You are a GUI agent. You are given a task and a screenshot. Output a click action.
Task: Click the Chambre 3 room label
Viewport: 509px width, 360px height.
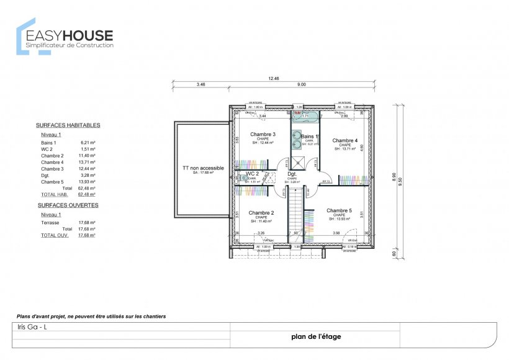(263, 134)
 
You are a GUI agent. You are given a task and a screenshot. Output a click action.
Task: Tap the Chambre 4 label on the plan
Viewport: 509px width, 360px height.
(345, 140)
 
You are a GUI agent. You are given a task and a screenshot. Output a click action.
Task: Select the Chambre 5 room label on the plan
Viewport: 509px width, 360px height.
(339, 210)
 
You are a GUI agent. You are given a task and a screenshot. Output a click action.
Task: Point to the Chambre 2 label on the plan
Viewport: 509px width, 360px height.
(261, 213)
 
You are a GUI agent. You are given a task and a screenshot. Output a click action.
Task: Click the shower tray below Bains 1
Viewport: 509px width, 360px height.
(299, 161)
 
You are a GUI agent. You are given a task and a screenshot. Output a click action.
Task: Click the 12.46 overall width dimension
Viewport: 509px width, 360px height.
(274, 79)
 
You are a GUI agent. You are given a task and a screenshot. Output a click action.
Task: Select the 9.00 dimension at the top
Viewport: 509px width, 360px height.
(301, 84)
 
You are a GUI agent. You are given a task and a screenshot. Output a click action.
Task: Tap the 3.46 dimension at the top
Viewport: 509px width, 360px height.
(200, 84)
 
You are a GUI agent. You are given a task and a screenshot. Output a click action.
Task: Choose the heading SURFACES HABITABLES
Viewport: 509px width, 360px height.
(68, 125)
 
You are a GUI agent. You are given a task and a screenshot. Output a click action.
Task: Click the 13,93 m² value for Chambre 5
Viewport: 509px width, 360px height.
(86, 182)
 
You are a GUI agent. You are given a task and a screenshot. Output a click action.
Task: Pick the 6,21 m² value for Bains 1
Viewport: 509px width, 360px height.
(88, 143)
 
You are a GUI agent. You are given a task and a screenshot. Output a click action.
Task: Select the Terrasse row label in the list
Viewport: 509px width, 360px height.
(50, 222)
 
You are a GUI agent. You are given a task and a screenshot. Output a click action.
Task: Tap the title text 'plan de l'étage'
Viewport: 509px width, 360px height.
(315, 337)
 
